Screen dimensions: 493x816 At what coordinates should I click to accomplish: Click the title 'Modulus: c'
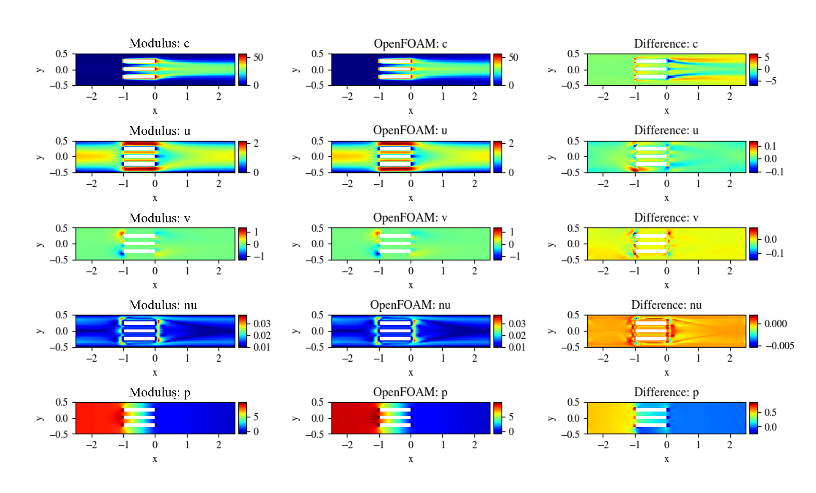[x=159, y=43]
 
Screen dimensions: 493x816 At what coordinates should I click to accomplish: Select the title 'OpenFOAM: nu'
[x=410, y=305]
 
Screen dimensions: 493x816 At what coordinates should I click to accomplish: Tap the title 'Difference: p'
[x=666, y=392]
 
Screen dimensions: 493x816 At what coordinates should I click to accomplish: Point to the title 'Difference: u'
[x=666, y=130]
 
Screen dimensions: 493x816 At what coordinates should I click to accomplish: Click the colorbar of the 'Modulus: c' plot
[x=243, y=69]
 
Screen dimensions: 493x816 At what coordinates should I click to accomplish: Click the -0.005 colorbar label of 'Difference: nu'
[x=779, y=346]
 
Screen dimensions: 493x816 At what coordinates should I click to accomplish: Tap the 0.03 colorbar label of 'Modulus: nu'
[x=262, y=324]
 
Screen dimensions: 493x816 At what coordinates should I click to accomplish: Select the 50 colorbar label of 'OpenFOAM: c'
[x=513, y=57]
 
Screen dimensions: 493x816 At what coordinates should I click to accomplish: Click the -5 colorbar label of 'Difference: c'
[x=770, y=81]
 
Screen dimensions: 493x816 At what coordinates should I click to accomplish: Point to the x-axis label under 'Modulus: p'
[x=155, y=459]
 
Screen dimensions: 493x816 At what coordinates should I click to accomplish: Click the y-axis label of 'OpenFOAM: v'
[x=296, y=244]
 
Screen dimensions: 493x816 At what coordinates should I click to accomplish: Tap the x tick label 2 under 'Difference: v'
[x=730, y=271]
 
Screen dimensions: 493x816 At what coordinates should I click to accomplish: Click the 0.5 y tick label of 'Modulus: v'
[x=61, y=228]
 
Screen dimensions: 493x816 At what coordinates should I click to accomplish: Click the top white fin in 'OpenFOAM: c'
[x=395, y=61]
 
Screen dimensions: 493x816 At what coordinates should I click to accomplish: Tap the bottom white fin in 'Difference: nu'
[x=651, y=339]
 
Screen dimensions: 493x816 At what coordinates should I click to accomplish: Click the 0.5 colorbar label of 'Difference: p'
[x=770, y=412]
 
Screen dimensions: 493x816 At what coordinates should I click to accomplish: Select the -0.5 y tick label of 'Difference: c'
[x=570, y=85]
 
